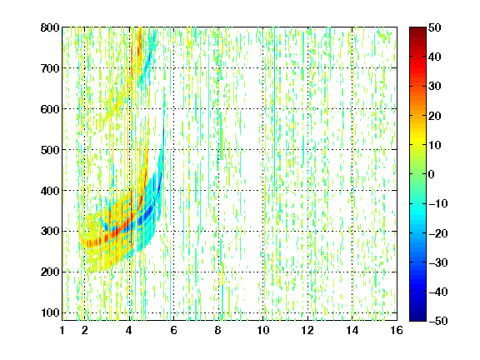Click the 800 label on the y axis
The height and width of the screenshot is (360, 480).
point(50,27)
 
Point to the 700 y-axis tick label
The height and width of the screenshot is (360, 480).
point(50,68)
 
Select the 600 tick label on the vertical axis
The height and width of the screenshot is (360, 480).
point(50,109)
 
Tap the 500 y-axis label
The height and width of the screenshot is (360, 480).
point(50,150)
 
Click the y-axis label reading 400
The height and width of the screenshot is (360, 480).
point(50,191)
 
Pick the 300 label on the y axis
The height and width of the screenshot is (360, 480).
point(50,231)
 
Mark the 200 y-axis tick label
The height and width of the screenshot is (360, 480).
point(50,272)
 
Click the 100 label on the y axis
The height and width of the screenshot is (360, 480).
point(50,312)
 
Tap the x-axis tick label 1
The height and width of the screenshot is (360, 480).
point(62,330)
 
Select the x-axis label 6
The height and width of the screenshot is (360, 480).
point(173,330)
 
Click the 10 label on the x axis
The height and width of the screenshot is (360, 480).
point(263,330)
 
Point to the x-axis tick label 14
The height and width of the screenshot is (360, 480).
point(352,330)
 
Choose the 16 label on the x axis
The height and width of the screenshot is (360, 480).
point(397,330)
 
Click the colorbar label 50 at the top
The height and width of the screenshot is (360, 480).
point(435,27)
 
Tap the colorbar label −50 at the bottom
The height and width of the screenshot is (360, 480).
point(438,321)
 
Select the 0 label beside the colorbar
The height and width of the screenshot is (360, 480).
point(432,174)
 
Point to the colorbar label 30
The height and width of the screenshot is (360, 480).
point(435,86)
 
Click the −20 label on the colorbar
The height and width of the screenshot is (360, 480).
point(438,233)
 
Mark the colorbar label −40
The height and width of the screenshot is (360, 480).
point(438,292)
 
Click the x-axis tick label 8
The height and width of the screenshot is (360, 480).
point(218,330)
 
